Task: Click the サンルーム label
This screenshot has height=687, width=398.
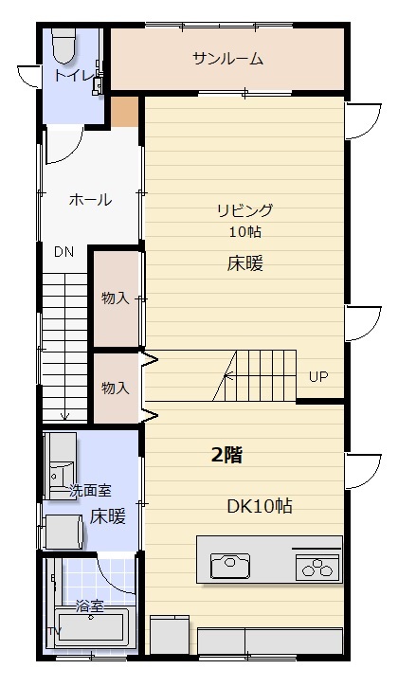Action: pyautogui.click(x=228, y=58)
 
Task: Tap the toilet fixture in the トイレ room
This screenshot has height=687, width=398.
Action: pyautogui.click(x=64, y=45)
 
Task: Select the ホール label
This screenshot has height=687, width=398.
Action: pyautogui.click(x=90, y=200)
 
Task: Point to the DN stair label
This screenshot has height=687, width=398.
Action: pyautogui.click(x=64, y=252)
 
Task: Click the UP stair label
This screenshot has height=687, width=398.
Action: pyautogui.click(x=318, y=377)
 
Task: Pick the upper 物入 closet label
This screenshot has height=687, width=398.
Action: pyautogui.click(x=116, y=298)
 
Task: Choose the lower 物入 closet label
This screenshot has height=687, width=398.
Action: pyautogui.click(x=116, y=389)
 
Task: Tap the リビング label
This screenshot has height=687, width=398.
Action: pyautogui.click(x=245, y=210)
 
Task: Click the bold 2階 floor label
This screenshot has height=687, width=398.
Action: pyautogui.click(x=227, y=456)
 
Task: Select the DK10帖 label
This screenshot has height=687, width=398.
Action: pyautogui.click(x=260, y=507)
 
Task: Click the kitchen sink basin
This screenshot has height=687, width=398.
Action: pyautogui.click(x=230, y=566)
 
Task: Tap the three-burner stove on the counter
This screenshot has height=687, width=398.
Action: pyautogui.click(x=318, y=566)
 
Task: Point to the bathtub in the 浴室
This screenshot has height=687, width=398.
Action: pyautogui.click(x=91, y=627)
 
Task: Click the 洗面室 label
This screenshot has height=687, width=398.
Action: pyautogui.click(x=91, y=491)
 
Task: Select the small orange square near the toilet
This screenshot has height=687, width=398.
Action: pyautogui.click(x=124, y=112)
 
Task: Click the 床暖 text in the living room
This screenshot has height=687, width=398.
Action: pyautogui.click(x=245, y=264)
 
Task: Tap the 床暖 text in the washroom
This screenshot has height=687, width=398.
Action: pyautogui.click(x=108, y=517)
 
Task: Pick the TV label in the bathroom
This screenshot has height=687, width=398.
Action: pyautogui.click(x=54, y=632)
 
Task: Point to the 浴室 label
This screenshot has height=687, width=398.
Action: pyautogui.click(x=90, y=606)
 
